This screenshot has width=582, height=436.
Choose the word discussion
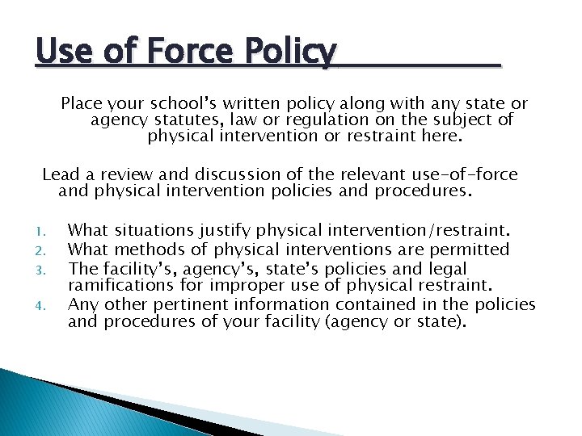click(227, 174)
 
